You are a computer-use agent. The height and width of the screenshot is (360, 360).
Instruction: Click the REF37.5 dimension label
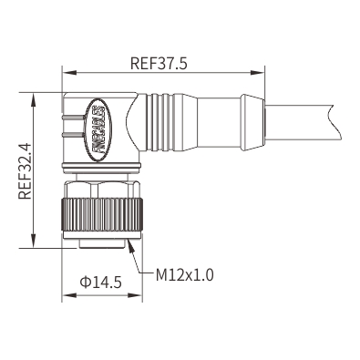tap(159, 64)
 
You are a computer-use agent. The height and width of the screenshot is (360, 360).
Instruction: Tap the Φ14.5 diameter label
tap(100, 282)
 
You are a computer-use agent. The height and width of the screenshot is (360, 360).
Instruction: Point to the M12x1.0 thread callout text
tap(185, 275)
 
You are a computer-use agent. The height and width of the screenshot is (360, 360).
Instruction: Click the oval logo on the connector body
tap(98, 130)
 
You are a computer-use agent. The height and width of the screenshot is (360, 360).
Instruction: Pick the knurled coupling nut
tap(102, 213)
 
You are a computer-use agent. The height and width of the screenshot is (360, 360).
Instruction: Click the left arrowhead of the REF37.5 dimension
tap(68, 73)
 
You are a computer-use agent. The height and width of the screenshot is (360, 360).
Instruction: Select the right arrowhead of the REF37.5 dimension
tap(257, 73)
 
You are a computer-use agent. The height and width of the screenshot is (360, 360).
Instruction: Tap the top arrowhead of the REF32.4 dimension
tap(34, 99)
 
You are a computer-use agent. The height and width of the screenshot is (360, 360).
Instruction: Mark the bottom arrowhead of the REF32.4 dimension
tap(34, 241)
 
